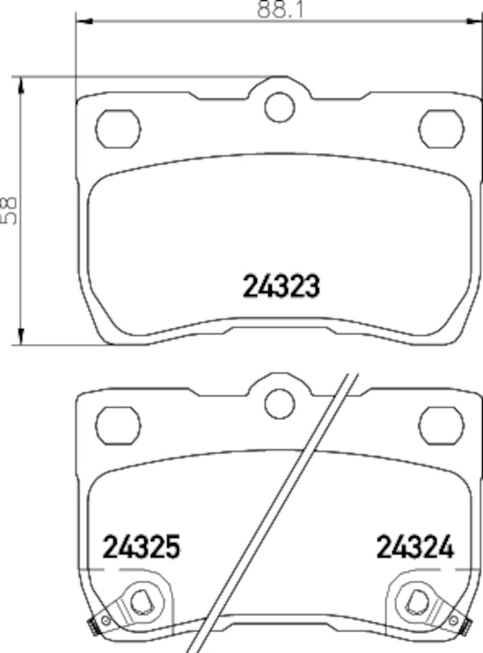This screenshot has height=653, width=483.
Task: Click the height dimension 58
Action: [x=10, y=209]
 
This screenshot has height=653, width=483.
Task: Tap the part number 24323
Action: [x=279, y=286]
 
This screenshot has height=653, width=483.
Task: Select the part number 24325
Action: [x=140, y=546]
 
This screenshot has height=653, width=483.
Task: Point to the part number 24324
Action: [x=414, y=546]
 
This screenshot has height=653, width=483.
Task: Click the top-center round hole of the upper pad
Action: [x=279, y=107]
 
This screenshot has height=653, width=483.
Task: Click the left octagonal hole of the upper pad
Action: [x=118, y=127]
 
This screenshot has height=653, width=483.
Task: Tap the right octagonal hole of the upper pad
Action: [x=441, y=127]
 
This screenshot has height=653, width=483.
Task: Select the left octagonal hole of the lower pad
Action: [x=118, y=423]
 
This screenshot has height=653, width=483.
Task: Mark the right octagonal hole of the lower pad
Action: [x=441, y=423]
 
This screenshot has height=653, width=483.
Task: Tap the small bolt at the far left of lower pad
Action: [x=93, y=627]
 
